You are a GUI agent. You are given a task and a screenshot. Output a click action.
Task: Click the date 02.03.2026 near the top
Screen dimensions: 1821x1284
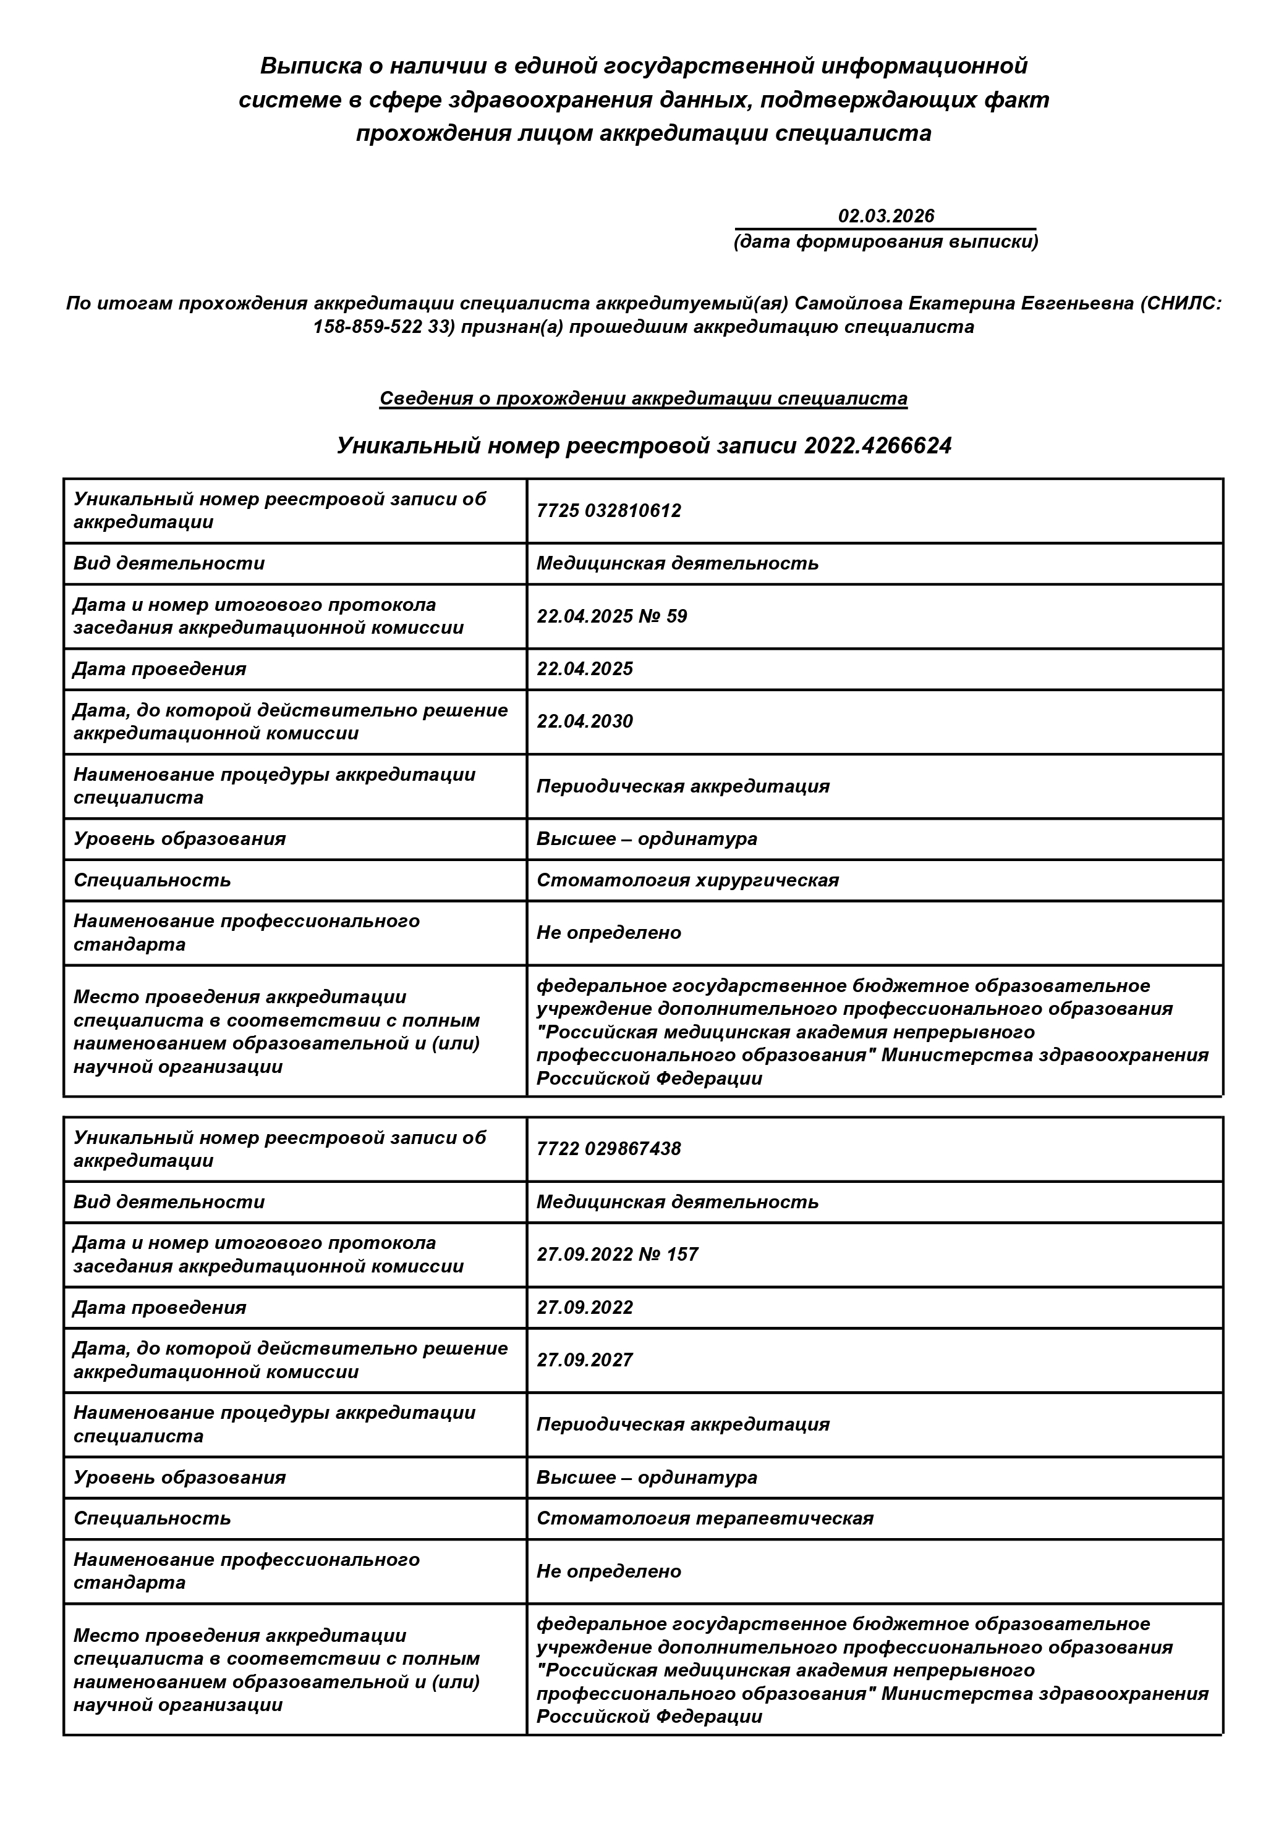point(886,216)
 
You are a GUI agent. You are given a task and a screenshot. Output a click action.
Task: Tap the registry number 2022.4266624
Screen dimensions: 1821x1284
point(878,446)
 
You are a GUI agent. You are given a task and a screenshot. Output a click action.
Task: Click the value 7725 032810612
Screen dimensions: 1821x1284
point(609,511)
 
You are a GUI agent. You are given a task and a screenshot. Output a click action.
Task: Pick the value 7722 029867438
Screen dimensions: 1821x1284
point(609,1149)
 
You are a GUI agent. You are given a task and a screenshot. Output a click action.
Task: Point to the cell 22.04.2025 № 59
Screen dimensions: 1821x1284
point(612,616)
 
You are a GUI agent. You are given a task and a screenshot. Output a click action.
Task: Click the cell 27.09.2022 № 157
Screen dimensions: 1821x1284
point(618,1255)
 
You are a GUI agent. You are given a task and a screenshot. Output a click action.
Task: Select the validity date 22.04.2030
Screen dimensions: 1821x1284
point(585,721)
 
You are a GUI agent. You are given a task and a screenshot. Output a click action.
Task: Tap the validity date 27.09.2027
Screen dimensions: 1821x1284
point(585,1360)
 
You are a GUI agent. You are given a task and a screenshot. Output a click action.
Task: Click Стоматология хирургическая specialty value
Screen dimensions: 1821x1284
point(687,880)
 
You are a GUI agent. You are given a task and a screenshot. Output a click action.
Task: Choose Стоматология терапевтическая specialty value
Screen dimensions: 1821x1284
point(705,1519)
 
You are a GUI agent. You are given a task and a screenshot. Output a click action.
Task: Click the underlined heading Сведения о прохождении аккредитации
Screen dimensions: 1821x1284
point(643,398)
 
